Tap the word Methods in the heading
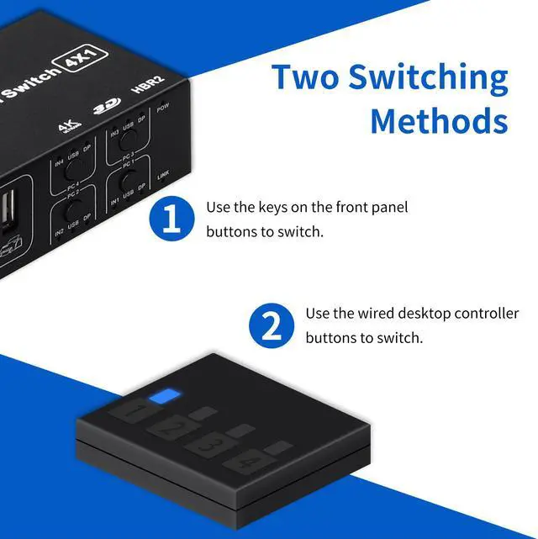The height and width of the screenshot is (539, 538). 439,120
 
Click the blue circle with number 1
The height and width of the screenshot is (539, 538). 171,220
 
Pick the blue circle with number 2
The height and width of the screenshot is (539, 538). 272,325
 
